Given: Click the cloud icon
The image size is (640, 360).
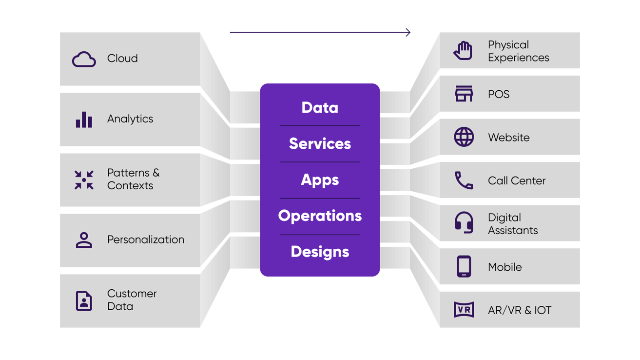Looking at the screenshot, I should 84,60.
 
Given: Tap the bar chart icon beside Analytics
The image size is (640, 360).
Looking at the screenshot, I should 84,120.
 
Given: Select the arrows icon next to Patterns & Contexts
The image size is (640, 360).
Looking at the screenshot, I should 84,180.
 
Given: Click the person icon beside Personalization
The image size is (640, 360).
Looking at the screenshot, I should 84,240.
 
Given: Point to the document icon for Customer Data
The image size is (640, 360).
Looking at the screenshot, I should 84,300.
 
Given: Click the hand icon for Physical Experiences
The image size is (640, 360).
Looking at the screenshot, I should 463,51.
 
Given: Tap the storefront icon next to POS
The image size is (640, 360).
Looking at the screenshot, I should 464,94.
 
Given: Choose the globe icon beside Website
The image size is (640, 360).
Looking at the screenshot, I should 464,137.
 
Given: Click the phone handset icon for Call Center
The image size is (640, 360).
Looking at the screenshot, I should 464,180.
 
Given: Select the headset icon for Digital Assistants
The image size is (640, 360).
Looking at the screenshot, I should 464,223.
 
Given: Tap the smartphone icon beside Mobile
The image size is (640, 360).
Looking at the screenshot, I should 464,267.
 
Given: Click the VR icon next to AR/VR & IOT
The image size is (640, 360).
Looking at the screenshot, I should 464,310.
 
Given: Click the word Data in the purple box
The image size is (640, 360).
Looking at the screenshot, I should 320,108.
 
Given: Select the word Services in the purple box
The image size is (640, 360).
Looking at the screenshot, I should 320,144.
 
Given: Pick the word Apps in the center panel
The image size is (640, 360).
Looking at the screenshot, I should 320,180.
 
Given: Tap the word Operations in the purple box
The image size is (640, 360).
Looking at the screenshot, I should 320,216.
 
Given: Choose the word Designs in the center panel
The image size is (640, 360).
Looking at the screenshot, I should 320,252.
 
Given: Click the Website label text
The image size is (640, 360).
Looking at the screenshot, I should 508,138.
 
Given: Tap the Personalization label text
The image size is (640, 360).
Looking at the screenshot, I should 146,240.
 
